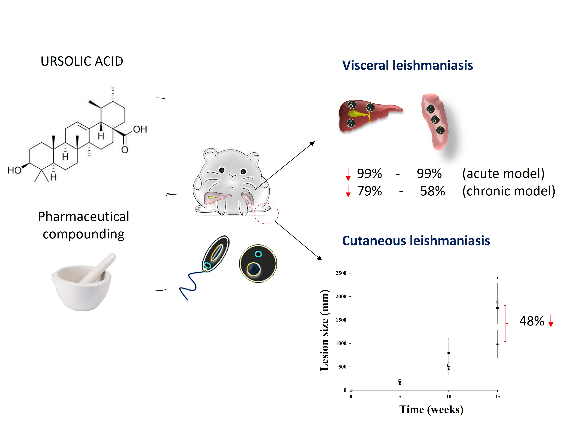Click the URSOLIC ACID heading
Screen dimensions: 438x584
pos(82,61)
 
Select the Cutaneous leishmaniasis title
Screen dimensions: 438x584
pos(416,241)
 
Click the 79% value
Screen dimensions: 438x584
pos(369,191)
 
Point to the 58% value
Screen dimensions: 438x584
pos(433,191)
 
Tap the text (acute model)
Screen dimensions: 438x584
pos(503,173)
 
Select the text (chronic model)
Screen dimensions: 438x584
pos(508,191)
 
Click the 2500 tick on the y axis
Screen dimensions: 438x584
pos(341,273)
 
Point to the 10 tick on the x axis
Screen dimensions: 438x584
pos(449,397)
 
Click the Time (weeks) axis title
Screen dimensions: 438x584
pos(431,410)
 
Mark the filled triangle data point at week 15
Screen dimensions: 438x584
pos(497,344)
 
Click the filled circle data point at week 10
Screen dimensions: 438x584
pos(449,353)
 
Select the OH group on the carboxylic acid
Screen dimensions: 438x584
pos(140,129)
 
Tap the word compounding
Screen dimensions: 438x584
pos(84,234)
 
